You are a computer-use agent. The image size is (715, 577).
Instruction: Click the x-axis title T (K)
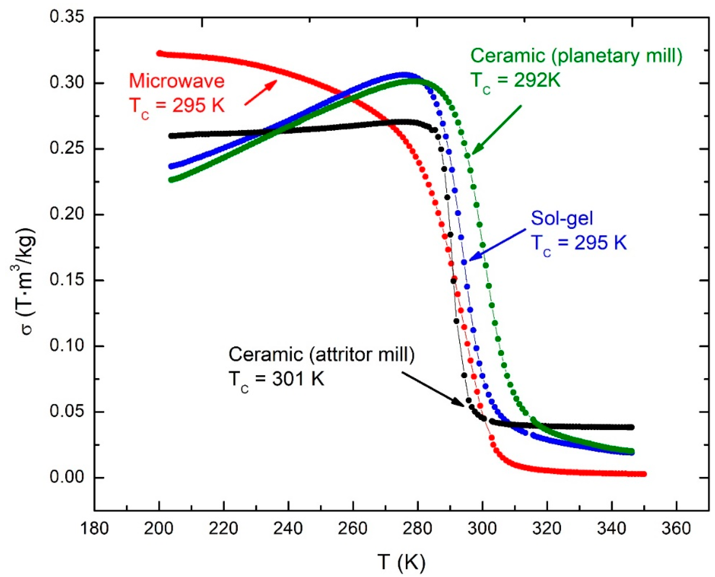point(402,562)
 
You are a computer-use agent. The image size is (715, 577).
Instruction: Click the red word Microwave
point(177,81)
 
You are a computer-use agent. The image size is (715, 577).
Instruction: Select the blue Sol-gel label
point(562,218)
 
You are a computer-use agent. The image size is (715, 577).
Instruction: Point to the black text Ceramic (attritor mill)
point(321,354)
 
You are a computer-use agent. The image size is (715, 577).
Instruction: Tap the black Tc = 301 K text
point(276,379)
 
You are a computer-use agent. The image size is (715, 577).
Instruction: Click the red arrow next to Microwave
point(261,93)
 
